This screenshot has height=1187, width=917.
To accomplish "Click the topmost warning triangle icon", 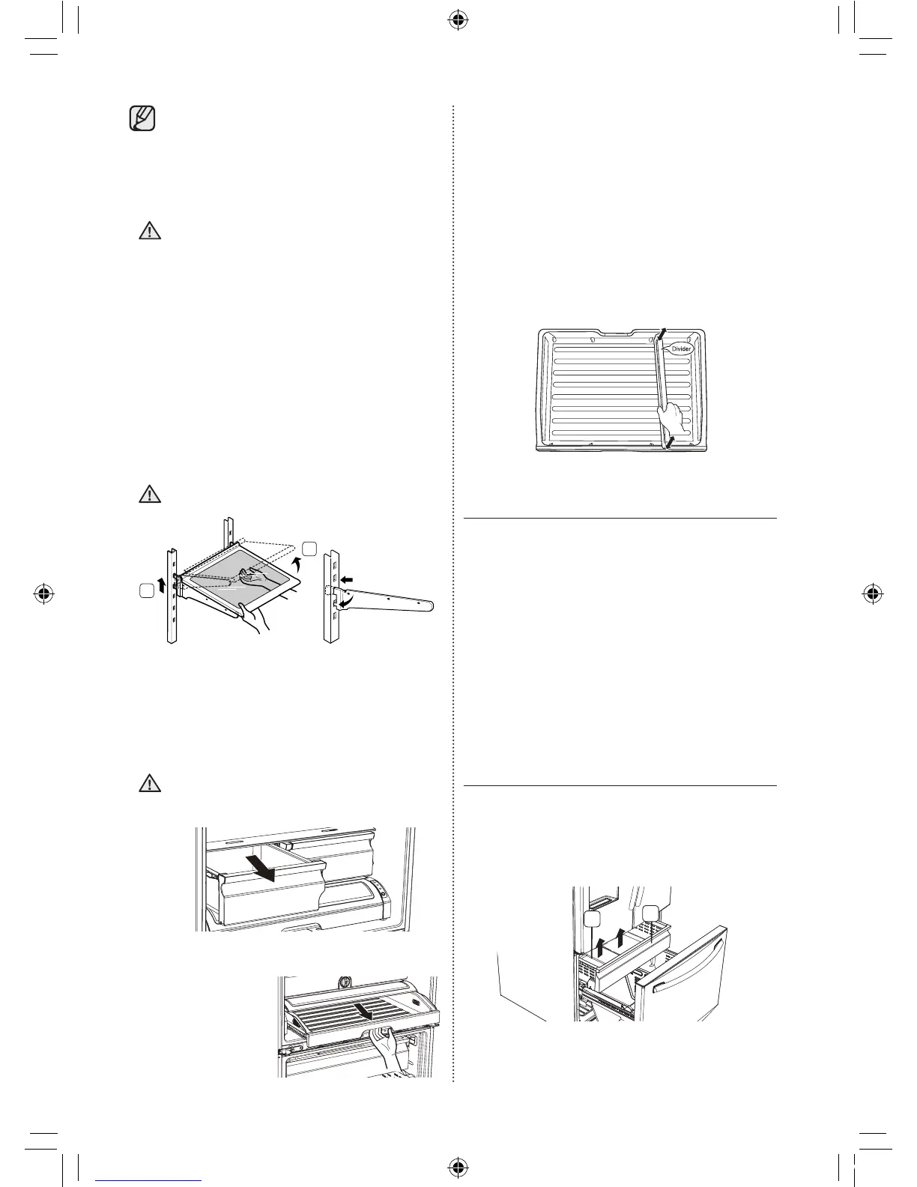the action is pos(150,231).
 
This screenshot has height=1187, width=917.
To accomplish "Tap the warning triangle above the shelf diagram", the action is pos(150,494).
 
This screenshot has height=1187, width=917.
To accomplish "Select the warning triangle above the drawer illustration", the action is pos(150,783).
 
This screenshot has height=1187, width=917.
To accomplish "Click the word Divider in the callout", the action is pos(681,348).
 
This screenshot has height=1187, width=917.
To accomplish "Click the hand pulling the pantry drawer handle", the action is pos(390,1045).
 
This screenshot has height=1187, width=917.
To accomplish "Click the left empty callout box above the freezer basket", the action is pos(591,919).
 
